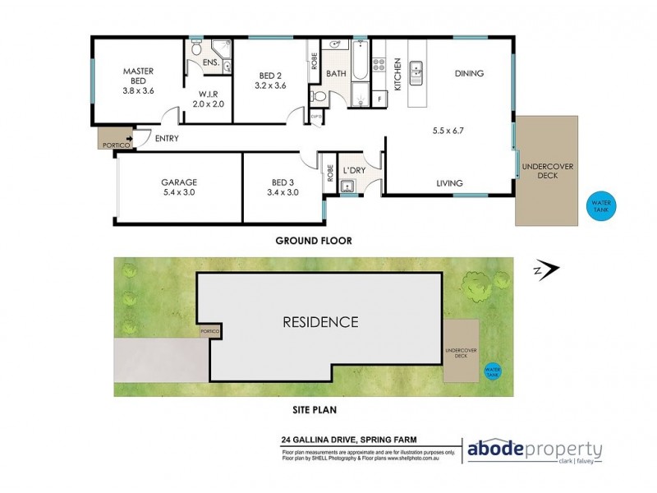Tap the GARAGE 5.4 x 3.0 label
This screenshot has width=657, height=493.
(178, 187)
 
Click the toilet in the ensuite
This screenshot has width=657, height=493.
(196, 51)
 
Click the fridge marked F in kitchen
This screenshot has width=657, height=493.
(379, 100)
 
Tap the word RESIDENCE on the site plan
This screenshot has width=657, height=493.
(320, 322)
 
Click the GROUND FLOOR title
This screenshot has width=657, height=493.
(315, 242)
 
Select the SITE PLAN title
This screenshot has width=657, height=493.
(315, 408)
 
